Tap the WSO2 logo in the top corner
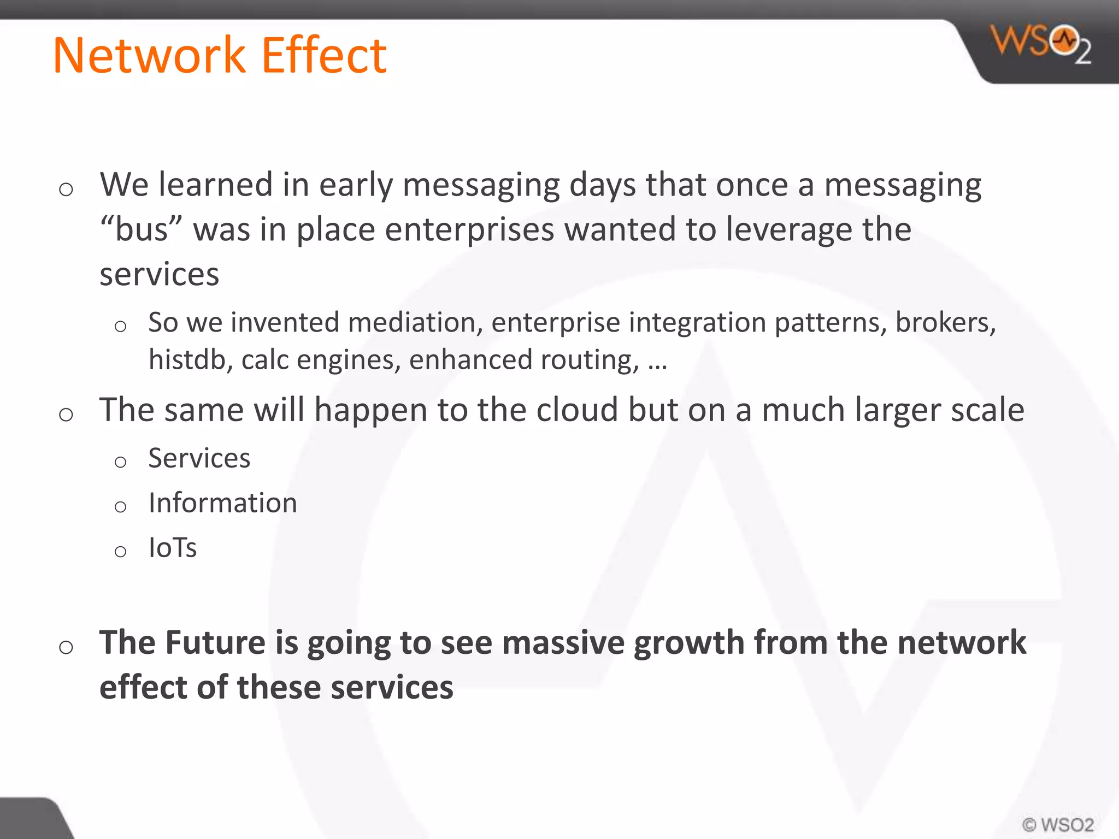coord(1040,44)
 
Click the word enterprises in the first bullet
coord(469,230)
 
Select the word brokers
coord(945,322)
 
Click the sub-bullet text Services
coord(199,458)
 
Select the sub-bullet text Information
coord(222,503)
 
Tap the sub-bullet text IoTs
coord(172,547)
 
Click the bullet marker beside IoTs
coord(120,551)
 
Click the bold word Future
coord(215,642)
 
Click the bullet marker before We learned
coord(66,190)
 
